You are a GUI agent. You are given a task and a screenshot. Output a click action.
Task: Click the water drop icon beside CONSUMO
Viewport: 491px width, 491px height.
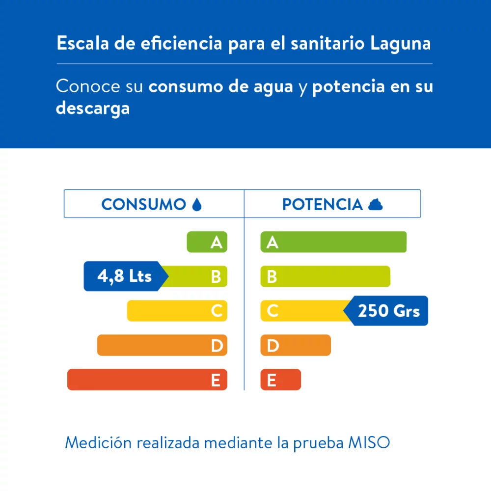point(196,204)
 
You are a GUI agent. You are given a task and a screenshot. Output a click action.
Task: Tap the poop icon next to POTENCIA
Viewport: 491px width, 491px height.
point(376,204)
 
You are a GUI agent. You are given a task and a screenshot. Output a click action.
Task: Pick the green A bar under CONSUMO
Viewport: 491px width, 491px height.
point(207,242)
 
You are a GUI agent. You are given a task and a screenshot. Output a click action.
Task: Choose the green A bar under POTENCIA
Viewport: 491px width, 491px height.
point(333,242)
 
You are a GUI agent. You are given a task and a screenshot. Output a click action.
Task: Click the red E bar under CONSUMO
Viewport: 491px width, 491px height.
point(147,380)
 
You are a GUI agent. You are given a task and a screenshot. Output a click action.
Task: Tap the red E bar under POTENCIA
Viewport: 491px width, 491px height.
point(280,380)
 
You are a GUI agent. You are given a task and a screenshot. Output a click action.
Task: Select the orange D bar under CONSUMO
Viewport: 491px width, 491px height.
point(162,345)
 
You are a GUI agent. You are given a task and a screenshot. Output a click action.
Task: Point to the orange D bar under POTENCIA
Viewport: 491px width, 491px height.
point(295,345)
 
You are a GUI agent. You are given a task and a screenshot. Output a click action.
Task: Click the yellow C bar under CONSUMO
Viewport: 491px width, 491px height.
point(177,311)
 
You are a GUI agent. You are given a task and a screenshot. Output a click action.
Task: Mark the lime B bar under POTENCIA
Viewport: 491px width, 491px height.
point(325,276)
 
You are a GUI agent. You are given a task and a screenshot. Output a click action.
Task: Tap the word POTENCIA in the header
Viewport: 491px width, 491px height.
point(322,204)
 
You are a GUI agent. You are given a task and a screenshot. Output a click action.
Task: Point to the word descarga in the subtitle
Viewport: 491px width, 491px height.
point(93,108)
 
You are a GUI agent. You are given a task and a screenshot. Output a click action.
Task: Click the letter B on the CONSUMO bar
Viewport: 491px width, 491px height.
point(216,277)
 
